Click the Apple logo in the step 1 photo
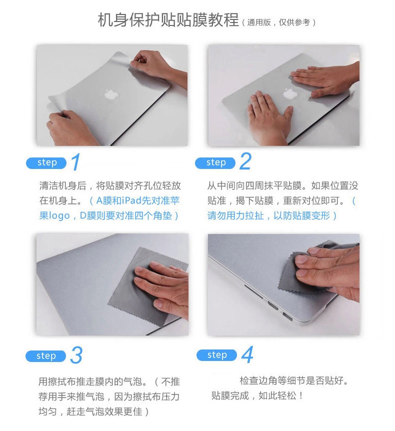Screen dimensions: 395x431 coord(111,94)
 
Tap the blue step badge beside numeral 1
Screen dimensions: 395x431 coord(46,163)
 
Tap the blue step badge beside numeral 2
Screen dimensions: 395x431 coord(215,163)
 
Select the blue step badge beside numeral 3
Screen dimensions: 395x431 coord(45,356)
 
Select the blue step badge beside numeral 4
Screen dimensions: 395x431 coord(216,355)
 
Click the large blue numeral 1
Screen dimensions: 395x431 coord(76,162)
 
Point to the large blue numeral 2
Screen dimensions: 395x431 coord(245,161)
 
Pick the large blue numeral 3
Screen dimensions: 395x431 coord(76,355)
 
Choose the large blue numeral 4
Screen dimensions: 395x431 coord(247,354)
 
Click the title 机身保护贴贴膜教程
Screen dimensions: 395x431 coord(168,20)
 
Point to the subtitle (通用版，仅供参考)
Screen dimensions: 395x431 coord(278,22)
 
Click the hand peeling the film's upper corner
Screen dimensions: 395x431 coord(156,67)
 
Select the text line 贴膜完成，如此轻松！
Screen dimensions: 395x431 coord(257,396)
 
